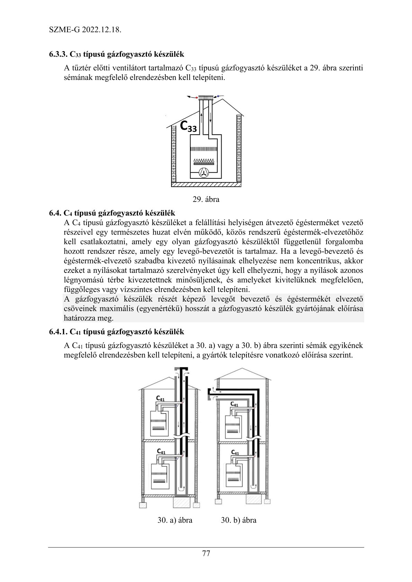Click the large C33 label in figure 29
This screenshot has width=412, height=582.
189,127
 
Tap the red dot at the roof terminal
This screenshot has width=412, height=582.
197,98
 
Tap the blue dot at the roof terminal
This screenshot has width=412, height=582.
218,95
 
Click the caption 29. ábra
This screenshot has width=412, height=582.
206,200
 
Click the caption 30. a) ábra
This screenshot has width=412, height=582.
175,520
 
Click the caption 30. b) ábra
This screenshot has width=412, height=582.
239,520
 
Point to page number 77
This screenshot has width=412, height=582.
206,553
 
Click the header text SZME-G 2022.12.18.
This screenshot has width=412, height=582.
85,30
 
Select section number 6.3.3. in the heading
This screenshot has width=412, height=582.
58,54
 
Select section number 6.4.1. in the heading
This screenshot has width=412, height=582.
58,332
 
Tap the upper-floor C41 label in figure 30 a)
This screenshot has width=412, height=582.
160,399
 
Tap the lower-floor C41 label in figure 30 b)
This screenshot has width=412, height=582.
235,453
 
